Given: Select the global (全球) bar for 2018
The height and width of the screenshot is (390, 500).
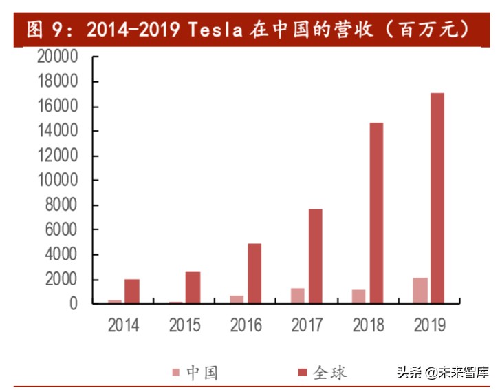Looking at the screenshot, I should [x=376, y=213].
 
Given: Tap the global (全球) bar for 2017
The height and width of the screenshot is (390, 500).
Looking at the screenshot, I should [x=315, y=256].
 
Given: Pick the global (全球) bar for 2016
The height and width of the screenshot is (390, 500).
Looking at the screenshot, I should [x=254, y=273].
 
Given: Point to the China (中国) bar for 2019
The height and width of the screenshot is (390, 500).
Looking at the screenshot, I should [x=420, y=290].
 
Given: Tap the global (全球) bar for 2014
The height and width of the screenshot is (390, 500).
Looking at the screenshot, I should [x=132, y=291].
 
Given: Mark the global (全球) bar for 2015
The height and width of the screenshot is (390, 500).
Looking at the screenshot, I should [x=193, y=287].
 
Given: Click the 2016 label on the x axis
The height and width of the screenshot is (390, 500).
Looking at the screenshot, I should [x=246, y=325].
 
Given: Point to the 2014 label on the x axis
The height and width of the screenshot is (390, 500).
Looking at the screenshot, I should [x=123, y=325].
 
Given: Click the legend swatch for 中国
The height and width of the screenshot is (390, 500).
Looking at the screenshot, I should [x=177, y=373].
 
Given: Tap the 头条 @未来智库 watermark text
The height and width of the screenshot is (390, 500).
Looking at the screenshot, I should [x=442, y=373].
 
